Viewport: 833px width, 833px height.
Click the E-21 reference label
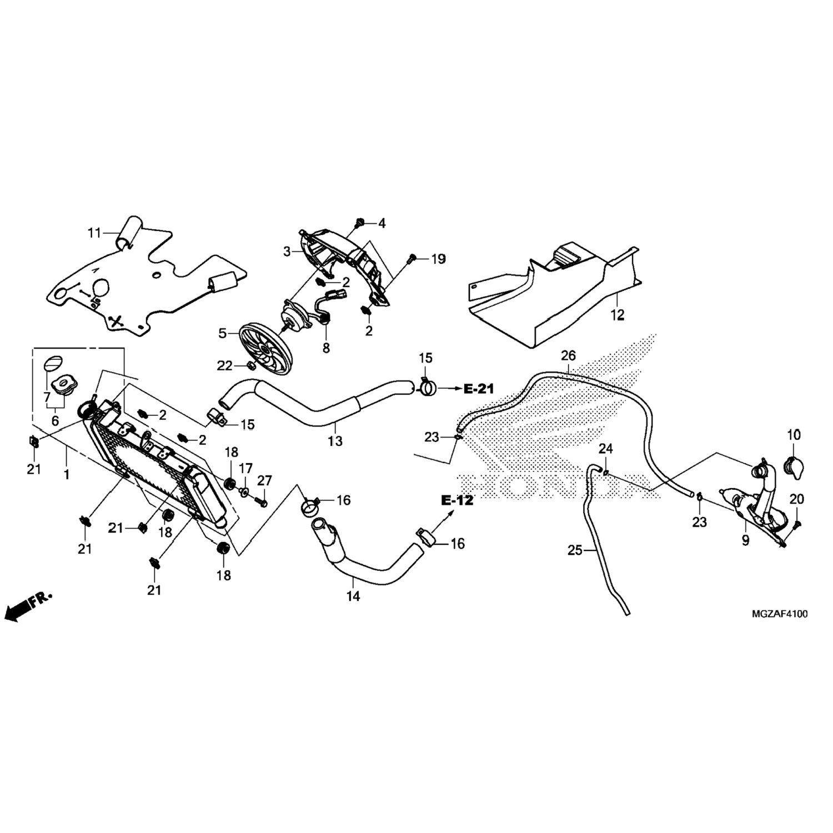[479, 389]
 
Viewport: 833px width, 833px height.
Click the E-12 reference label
[458, 500]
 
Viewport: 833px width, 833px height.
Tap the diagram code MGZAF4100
[780, 614]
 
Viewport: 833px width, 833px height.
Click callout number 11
[94, 233]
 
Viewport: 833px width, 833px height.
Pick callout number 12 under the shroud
[618, 315]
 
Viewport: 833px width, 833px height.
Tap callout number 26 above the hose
[569, 355]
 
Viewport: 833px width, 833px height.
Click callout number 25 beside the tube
[575, 550]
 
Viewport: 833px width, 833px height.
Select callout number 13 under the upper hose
[335, 441]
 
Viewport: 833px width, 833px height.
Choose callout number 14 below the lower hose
[353, 596]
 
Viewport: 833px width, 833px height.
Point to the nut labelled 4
[359, 224]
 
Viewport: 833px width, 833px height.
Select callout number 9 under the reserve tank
[745, 539]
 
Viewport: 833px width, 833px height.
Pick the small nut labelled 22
[250, 365]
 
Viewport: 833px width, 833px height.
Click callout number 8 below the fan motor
[326, 348]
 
